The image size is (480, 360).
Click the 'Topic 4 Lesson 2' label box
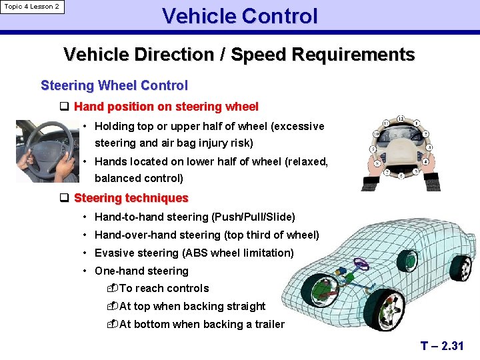[x=32, y=7]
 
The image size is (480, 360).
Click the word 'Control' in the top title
[x=279, y=16]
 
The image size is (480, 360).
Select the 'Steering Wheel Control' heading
[x=114, y=85]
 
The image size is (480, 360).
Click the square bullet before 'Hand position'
[x=65, y=107]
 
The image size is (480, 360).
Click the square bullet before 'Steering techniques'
[x=65, y=198]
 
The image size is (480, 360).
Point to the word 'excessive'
[x=297, y=126]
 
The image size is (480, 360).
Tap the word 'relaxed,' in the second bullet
[x=306, y=161]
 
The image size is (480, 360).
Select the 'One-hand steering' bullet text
[x=141, y=271]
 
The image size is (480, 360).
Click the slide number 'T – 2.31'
[x=442, y=345]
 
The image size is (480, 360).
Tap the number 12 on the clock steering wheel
[x=400, y=119]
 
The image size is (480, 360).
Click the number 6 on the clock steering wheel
[x=401, y=177]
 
